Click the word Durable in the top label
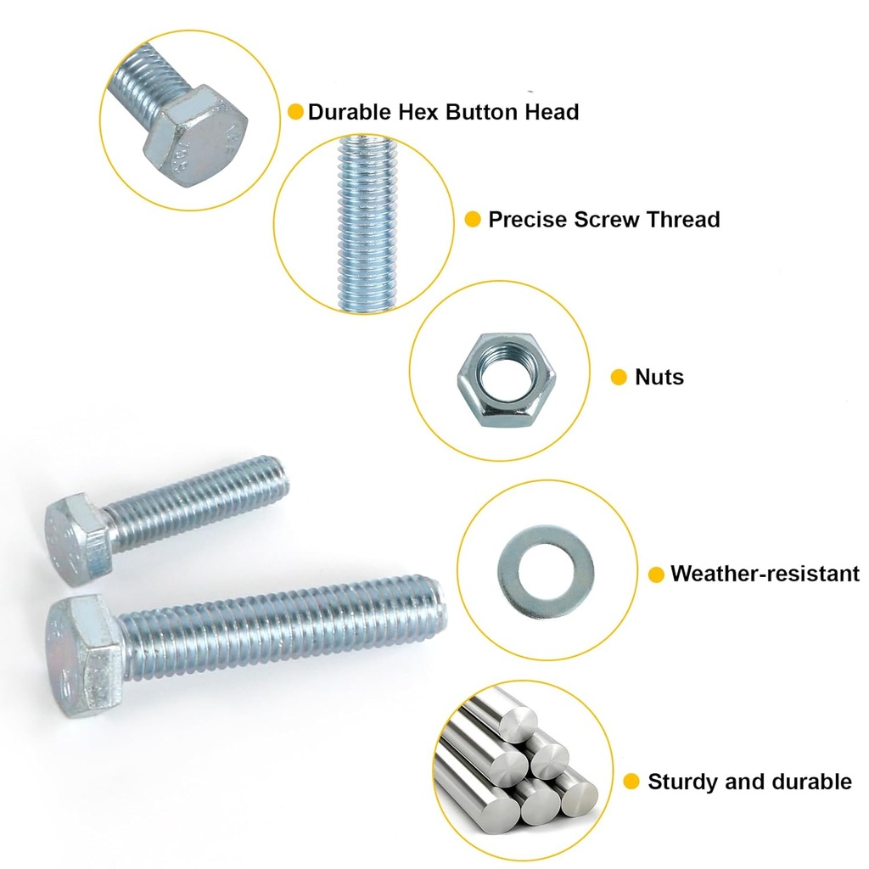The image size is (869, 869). tap(350, 112)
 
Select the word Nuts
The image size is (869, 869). tap(659, 377)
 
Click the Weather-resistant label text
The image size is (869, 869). tap(765, 574)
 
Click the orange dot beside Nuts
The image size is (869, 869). tap(619, 378)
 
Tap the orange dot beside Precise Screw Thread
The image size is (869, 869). tap(473, 221)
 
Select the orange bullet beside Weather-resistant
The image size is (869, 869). tap(656, 575)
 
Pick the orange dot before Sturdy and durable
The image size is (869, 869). tap(631, 782)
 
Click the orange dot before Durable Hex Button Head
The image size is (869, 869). tap(295, 112)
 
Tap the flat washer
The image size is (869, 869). tap(545, 568)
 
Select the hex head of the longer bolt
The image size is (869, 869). tap(85, 654)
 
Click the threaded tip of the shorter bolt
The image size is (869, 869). tap(278, 477)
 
